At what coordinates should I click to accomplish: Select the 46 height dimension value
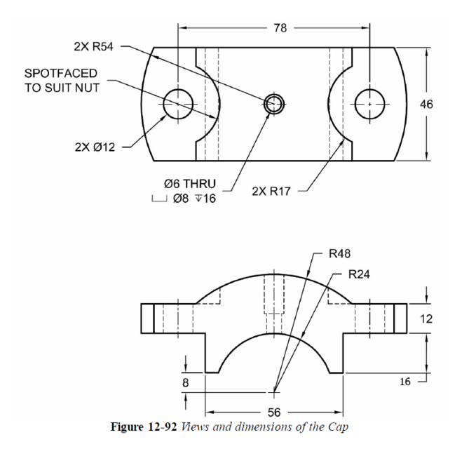click(426, 104)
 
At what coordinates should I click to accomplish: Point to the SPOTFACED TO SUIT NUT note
click(61, 80)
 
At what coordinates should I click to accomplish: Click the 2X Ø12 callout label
click(95, 147)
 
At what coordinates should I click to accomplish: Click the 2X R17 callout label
click(274, 191)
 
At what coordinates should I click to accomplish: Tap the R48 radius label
click(340, 253)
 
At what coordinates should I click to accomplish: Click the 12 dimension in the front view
click(426, 318)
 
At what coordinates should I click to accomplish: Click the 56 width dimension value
click(274, 411)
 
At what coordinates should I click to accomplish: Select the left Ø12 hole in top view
click(178, 105)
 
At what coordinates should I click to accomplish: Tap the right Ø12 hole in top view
click(369, 105)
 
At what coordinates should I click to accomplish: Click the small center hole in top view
click(273, 105)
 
